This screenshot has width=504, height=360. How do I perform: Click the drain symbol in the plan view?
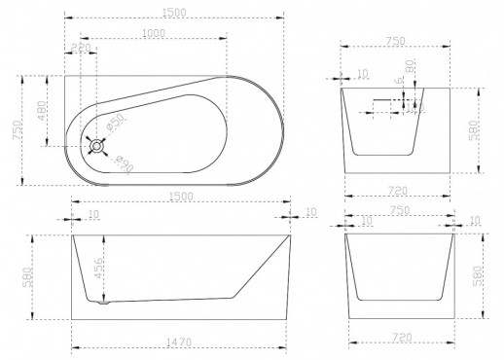(95, 147)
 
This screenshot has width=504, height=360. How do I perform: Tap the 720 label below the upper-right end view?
(395, 183)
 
